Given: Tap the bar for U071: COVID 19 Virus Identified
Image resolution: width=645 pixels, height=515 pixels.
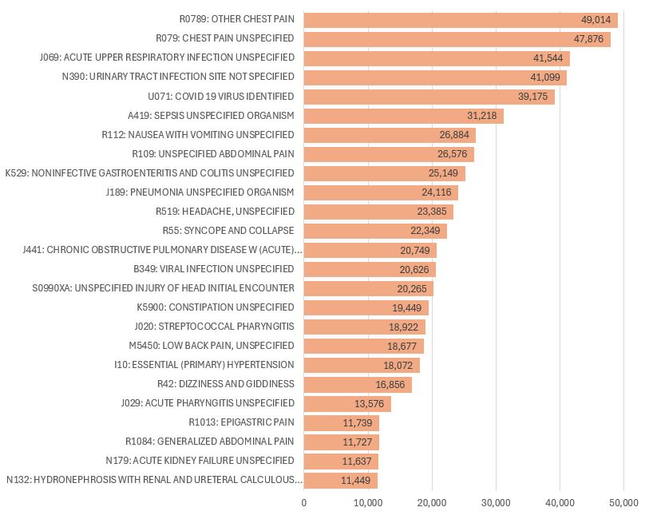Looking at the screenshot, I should [x=429, y=97].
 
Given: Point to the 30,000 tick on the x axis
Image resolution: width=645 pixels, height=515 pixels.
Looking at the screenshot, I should [x=496, y=502].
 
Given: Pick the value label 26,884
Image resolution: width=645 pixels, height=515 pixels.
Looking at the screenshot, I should [x=458, y=135].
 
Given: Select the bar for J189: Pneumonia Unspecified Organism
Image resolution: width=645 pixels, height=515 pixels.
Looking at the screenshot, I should [x=381, y=192].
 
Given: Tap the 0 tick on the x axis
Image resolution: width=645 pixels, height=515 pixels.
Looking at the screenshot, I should [x=304, y=502].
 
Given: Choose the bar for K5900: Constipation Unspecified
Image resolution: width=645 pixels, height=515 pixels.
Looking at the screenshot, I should [x=366, y=307].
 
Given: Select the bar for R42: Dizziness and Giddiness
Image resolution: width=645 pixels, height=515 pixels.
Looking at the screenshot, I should [x=358, y=384].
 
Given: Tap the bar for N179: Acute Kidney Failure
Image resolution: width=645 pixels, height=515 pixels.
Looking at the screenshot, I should [x=341, y=461].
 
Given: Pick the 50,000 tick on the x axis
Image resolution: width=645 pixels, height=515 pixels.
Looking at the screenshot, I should [x=623, y=502].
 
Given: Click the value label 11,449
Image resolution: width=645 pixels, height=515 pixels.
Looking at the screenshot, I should [x=357, y=480].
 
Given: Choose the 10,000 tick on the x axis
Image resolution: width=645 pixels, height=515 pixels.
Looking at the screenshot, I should [x=368, y=502].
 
